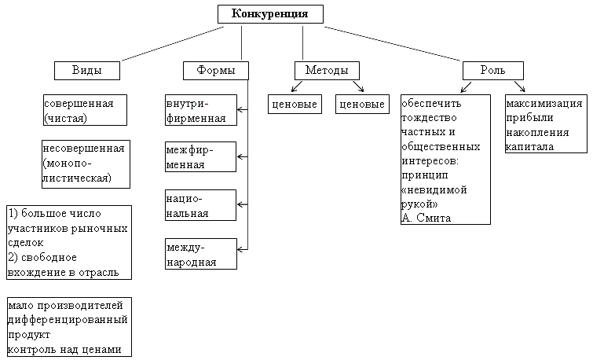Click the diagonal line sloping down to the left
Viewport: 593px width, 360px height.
173,44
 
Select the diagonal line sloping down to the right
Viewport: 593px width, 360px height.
393,44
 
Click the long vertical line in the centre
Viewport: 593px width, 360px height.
247,165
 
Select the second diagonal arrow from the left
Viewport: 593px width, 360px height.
358,86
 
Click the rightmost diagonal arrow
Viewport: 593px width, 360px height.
519,86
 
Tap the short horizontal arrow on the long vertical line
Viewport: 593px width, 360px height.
243,204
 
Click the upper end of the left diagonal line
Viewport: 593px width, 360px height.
226,28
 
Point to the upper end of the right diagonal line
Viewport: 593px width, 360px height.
324,28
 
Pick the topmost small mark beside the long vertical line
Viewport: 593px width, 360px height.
241,111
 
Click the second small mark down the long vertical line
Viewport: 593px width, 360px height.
241,157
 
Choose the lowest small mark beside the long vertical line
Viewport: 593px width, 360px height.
241,250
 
